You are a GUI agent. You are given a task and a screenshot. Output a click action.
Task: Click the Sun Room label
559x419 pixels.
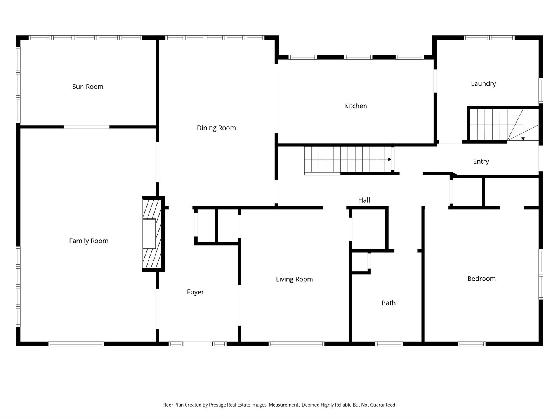pos(88,87)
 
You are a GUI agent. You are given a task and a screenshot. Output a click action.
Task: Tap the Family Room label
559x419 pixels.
pos(89,241)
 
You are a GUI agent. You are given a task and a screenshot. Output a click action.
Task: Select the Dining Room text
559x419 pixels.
pos(216,128)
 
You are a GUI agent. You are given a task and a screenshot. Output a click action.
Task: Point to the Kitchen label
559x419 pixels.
pos(356,106)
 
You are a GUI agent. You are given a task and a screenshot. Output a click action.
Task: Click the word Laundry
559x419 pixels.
pos(483,84)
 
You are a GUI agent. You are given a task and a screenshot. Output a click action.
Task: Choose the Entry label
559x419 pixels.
pos(481,162)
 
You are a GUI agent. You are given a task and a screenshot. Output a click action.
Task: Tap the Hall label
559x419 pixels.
pos(364,200)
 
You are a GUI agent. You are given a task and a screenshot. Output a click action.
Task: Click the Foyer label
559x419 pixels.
pos(195,292)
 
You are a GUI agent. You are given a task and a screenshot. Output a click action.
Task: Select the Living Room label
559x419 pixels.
pos(294,279)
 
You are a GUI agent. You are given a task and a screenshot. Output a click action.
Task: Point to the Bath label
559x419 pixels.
pos(388,303)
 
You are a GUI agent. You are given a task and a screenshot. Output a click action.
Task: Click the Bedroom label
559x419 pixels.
pos(481,279)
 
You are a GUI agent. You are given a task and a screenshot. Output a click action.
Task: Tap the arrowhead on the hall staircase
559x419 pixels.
pos(389,159)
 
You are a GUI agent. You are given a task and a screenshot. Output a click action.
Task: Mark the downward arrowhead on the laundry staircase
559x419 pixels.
pos(523,138)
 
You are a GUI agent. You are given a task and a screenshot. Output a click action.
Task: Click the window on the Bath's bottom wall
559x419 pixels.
pos(389,344)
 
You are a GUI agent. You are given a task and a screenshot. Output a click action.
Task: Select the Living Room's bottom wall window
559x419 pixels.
pos(297,344)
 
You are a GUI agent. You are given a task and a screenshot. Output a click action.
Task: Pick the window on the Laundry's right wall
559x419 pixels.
pos(541,90)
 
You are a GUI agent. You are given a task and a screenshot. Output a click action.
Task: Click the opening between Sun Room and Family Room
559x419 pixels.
pos(87,127)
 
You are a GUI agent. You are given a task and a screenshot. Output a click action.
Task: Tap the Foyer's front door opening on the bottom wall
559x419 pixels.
pos(198,344)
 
